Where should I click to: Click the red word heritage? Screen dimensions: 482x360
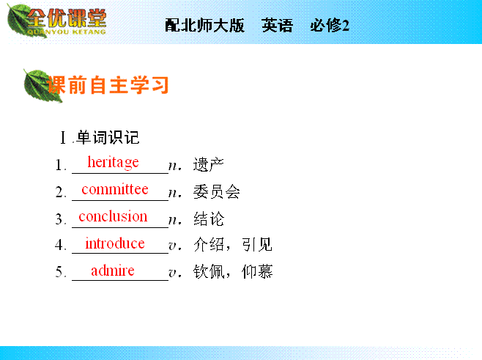113,162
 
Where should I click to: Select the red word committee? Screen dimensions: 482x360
115,189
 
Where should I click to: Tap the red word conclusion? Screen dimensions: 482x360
113,216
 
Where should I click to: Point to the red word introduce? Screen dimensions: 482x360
115,243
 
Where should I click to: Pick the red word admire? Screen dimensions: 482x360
113,270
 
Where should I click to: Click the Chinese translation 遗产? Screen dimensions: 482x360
209,164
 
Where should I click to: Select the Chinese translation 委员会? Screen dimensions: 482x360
216,191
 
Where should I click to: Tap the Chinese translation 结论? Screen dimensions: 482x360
209,218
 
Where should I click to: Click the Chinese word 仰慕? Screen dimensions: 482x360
257,271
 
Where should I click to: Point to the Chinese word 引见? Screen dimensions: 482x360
257,245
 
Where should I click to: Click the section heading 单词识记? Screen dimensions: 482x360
108,137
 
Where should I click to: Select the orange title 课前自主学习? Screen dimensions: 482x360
108,85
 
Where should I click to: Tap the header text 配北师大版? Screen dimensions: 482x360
204,25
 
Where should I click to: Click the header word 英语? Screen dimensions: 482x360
278,25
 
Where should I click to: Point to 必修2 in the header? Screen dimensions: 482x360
330,25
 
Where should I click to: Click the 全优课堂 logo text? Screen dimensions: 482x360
67,18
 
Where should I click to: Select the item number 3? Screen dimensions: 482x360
60,219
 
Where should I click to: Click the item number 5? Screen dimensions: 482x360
60,272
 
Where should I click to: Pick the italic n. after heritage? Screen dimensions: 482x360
175,166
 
